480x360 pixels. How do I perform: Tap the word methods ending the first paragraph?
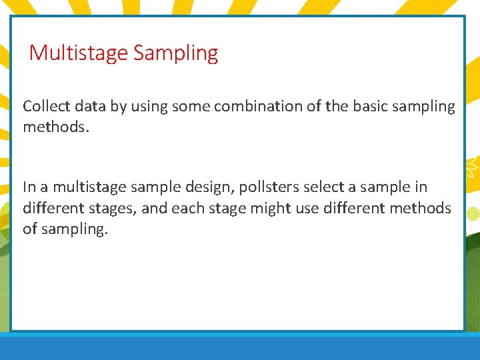53,127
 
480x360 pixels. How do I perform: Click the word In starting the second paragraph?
29,187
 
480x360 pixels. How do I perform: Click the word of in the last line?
30,229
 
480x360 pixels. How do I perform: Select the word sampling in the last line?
74,230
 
